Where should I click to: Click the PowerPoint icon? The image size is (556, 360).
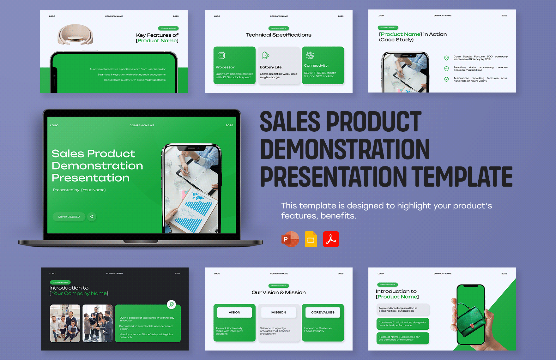(x=290, y=239)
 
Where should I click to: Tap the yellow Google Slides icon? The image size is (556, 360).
(x=311, y=239)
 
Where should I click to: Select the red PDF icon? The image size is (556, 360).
(x=331, y=239)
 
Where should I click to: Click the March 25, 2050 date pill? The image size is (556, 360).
(x=69, y=217)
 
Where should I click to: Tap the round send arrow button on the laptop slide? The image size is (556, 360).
(x=92, y=217)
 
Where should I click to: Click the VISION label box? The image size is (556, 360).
(x=234, y=312)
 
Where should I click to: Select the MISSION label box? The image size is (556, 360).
(x=279, y=312)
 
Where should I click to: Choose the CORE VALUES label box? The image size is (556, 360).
(x=323, y=312)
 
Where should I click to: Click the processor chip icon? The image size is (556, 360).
(x=221, y=56)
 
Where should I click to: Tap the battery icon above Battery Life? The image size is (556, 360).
(x=266, y=56)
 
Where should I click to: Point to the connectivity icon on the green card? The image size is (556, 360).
(x=310, y=55)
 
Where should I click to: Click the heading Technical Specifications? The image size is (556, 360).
(x=279, y=35)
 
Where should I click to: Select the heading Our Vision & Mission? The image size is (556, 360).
(x=279, y=292)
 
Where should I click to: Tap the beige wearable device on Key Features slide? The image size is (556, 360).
(x=75, y=34)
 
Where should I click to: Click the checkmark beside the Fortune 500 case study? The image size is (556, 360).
(x=446, y=58)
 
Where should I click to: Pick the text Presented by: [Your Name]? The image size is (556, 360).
(x=79, y=190)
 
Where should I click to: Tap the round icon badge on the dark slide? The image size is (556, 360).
(x=171, y=304)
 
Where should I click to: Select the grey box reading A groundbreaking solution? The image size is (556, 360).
(x=403, y=309)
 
